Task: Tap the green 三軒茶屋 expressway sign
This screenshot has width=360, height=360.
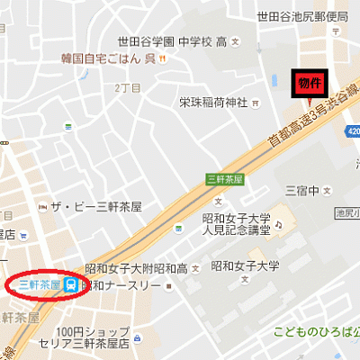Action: pos(225,179)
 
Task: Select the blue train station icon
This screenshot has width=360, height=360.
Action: pos(71,285)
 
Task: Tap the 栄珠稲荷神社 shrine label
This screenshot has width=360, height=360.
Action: pos(213,101)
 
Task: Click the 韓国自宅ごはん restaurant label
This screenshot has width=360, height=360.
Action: pos(108,59)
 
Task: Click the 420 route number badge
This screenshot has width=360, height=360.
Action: pos(354,132)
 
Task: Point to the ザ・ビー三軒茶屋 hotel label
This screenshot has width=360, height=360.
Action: pos(96,206)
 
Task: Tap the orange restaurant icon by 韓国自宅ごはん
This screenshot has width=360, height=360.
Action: pos(163,59)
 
